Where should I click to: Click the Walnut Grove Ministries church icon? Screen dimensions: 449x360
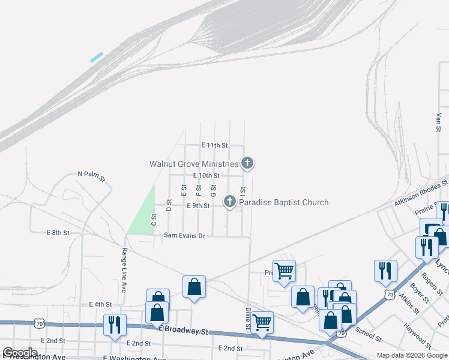pos(247,163)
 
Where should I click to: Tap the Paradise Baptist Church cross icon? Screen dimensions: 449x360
pos(230,202)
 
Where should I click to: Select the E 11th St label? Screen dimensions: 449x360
pos(214,145)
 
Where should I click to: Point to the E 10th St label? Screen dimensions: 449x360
pos(206,175)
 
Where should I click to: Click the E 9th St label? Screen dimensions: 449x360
pos(198,206)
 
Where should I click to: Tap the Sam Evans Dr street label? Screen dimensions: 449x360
pos(185,236)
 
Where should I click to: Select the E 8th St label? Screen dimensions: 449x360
pos(58,232)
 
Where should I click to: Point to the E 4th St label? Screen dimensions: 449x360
pos(100,304)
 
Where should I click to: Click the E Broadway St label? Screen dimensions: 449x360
pos(183,331)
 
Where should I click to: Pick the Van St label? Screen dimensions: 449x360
pos(439,122)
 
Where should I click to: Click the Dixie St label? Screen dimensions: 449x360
pos(247,319)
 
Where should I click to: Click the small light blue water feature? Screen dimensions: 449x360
pos(97,57)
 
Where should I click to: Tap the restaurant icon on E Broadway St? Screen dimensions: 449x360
pos(113,324)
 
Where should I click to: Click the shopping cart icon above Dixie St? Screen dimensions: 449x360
pos(262,322)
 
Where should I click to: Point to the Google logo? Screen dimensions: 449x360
pos(20,352)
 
